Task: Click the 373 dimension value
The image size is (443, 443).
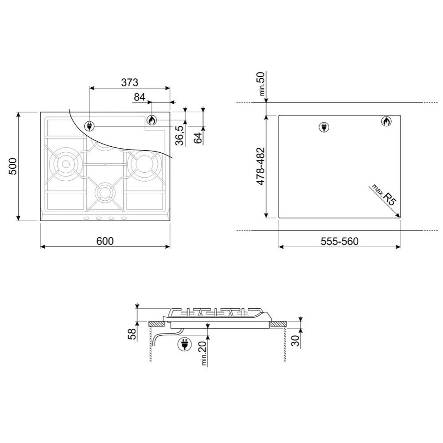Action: click(x=130, y=82)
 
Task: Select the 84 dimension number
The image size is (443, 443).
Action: click(x=139, y=97)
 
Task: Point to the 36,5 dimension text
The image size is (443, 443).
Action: click(x=180, y=135)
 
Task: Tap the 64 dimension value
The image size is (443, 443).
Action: click(x=198, y=138)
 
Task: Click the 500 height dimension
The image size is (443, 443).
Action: click(x=13, y=166)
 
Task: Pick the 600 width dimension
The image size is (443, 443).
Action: click(x=105, y=241)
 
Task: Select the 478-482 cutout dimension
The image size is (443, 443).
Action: click(x=260, y=167)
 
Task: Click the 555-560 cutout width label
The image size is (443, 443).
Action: click(x=339, y=241)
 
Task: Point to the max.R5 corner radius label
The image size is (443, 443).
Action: click(x=384, y=195)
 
